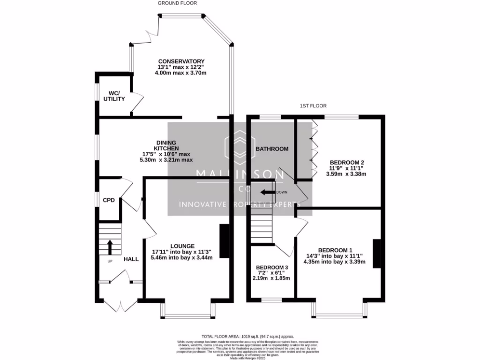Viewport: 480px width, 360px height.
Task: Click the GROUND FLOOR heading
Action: tap(177, 3)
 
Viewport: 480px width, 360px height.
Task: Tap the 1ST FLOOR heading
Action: tap(313, 106)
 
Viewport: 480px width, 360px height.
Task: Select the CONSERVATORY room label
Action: tap(181, 61)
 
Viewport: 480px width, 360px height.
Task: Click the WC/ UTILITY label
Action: tap(114, 96)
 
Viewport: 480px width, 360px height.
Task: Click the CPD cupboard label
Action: tap(109, 200)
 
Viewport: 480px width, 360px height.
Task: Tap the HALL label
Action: tap(131, 259)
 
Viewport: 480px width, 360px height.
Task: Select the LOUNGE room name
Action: tap(182, 246)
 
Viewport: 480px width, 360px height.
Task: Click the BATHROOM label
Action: tap(271, 149)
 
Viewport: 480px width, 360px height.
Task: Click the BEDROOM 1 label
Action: tap(335, 250)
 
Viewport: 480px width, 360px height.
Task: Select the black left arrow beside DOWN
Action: tap(268, 192)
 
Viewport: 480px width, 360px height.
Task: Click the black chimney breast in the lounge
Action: tap(225, 240)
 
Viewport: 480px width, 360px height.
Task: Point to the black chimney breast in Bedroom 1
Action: tap(376, 254)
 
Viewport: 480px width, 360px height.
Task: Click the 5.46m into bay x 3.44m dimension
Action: tap(182, 257)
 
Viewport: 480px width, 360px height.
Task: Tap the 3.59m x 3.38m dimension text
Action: tap(346, 174)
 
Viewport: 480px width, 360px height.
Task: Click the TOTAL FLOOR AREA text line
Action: tap(247, 337)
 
